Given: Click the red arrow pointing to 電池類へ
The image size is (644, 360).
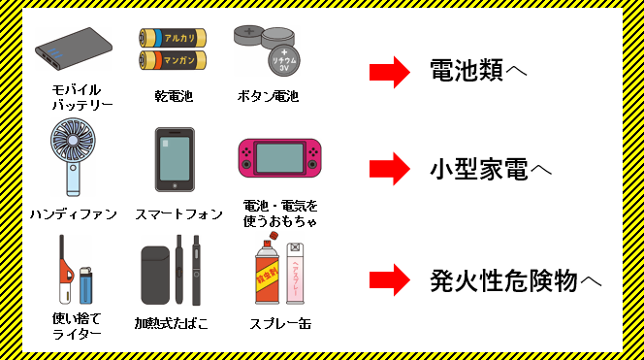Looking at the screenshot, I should pyautogui.click(x=392, y=71).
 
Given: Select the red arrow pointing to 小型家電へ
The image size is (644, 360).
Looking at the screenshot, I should pyautogui.click(x=392, y=168).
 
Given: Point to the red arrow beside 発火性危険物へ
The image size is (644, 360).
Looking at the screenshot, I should pyautogui.click(x=392, y=280).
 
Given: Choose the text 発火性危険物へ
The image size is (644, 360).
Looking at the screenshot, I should pyautogui.click(x=515, y=280).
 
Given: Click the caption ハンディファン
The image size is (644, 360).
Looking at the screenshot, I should pyautogui.click(x=73, y=213).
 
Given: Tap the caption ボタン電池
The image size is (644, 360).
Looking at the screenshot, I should pyautogui.click(x=268, y=96).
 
